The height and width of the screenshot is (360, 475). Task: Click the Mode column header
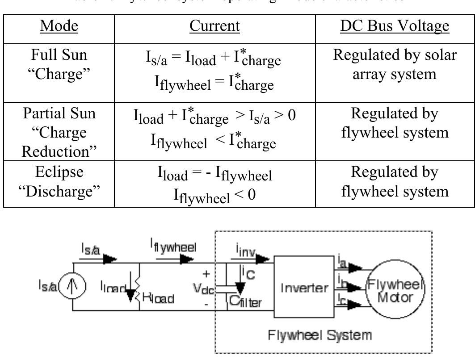pos(59,26)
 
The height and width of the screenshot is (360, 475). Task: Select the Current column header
pos(214,26)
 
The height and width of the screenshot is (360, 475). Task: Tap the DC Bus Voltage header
pos(395,26)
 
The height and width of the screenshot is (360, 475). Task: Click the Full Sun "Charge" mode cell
pos(59,64)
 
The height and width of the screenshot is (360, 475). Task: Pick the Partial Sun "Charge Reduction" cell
pos(59,132)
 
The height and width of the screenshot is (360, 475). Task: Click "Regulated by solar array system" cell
pos(395,64)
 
